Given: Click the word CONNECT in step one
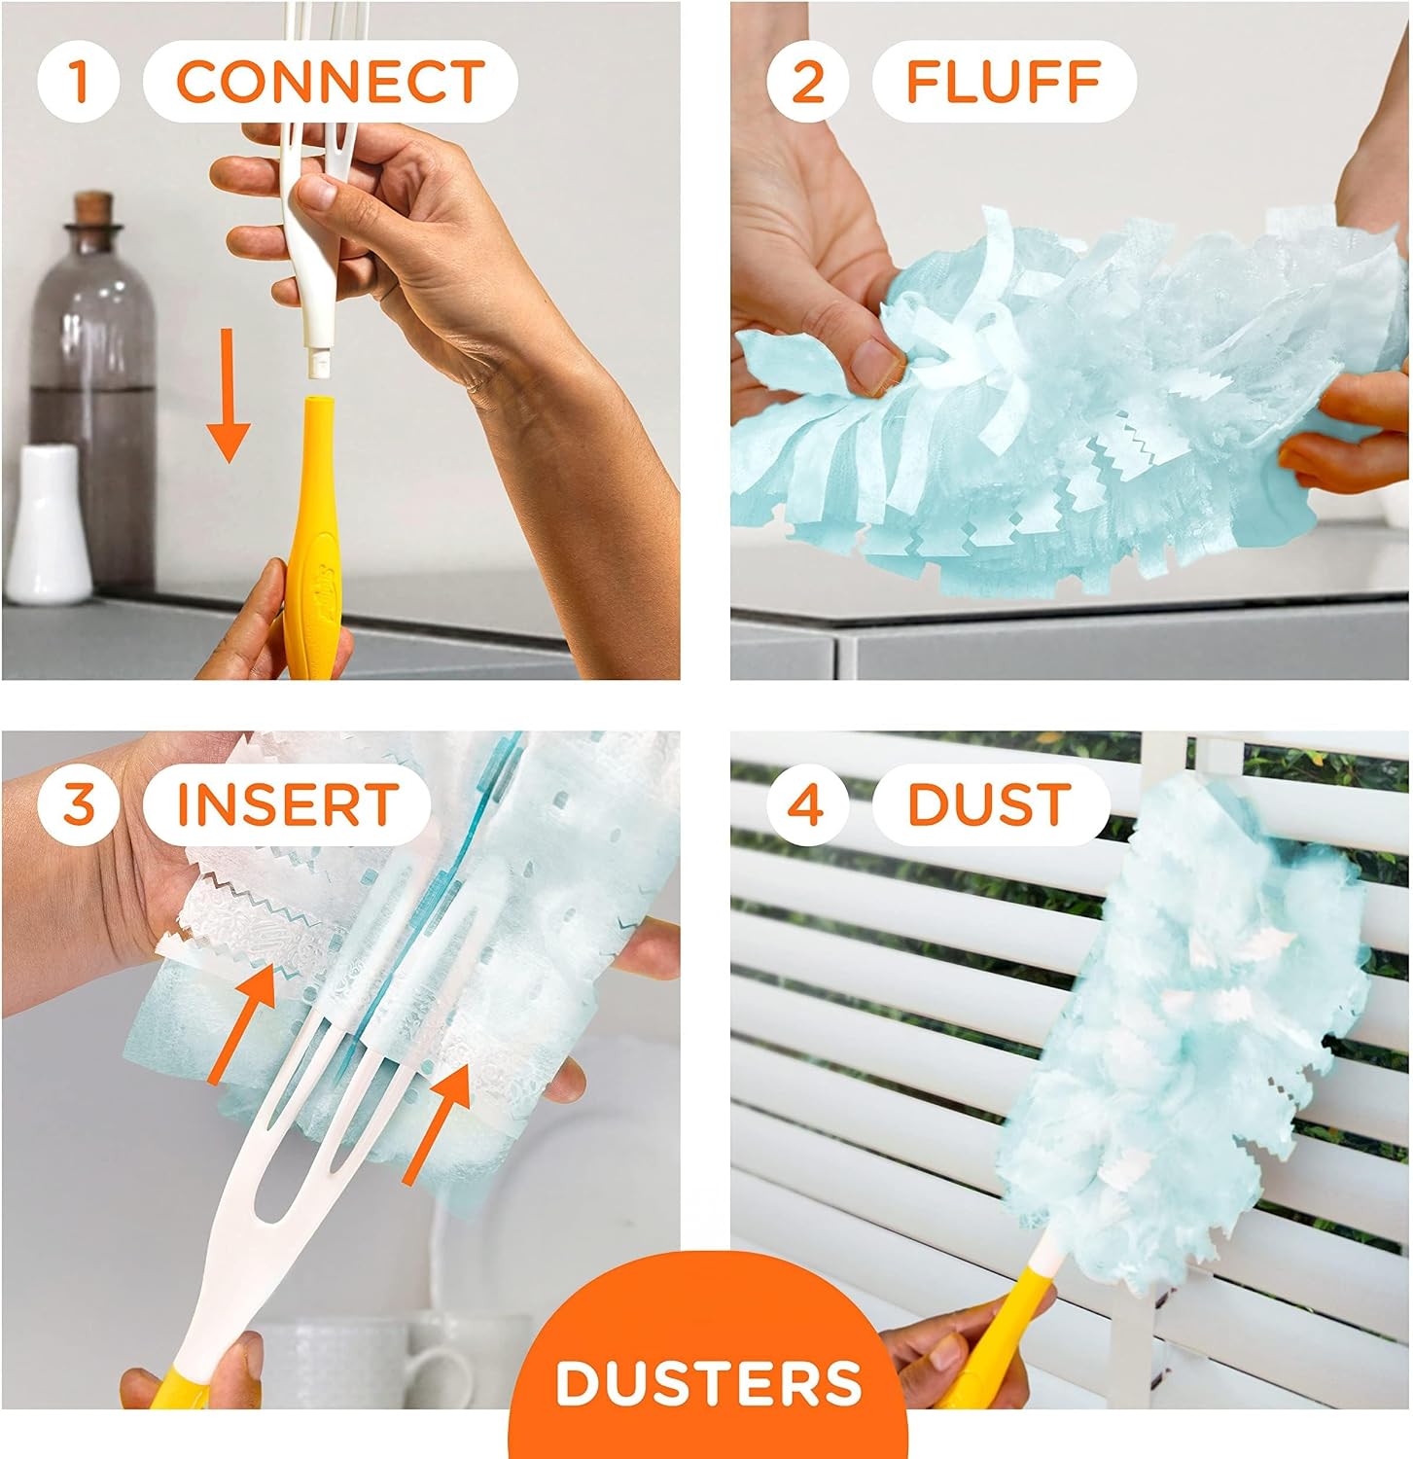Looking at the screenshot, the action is pyautogui.click(x=330, y=81).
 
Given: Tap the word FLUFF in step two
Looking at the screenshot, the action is pyautogui.click(x=1004, y=81).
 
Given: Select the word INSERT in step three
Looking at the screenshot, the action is pyautogui.click(x=288, y=804).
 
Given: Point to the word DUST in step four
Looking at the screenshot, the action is pyautogui.click(x=990, y=804).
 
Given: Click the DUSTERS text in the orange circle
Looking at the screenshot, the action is pyautogui.click(x=709, y=1381).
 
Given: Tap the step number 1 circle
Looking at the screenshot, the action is pyautogui.click(x=79, y=81).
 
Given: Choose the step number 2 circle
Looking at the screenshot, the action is pyautogui.click(x=807, y=81).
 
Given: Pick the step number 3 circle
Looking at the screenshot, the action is pyautogui.click(x=79, y=804).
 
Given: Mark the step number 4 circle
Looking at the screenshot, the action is pyautogui.click(x=807, y=804).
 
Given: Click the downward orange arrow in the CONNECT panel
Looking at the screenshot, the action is pyautogui.click(x=230, y=394).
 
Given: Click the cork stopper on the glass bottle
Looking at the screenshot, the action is pyautogui.click(x=93, y=208).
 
